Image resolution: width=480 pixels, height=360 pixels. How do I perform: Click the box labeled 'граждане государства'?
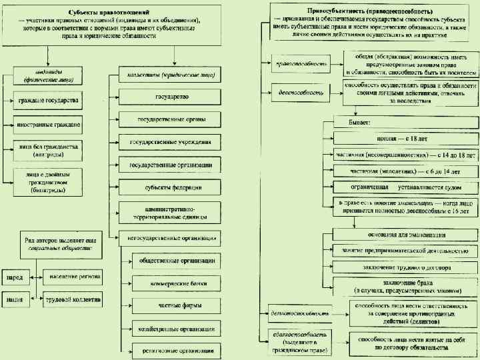click(x=48, y=101)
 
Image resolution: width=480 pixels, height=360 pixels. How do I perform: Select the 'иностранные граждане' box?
click(x=48, y=124)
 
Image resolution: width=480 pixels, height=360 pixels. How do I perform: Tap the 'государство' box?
click(x=172, y=97)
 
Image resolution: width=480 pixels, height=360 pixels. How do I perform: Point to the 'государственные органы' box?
click(x=172, y=120)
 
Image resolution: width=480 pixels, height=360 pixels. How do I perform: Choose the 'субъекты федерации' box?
click(x=172, y=187)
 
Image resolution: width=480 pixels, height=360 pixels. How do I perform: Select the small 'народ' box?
click(x=15, y=276)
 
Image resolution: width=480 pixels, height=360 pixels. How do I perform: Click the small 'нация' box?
click(x=15, y=299)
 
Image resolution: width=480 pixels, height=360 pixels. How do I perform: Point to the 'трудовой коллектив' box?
click(x=73, y=299)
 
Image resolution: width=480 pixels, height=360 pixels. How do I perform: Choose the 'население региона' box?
click(x=73, y=276)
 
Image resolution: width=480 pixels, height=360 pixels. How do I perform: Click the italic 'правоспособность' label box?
click(x=302, y=65)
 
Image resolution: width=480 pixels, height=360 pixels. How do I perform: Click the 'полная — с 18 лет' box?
click(x=406, y=138)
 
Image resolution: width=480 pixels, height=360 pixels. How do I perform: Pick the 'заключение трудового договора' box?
click(x=406, y=267)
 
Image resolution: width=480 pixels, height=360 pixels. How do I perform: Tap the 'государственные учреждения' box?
click(x=172, y=142)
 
